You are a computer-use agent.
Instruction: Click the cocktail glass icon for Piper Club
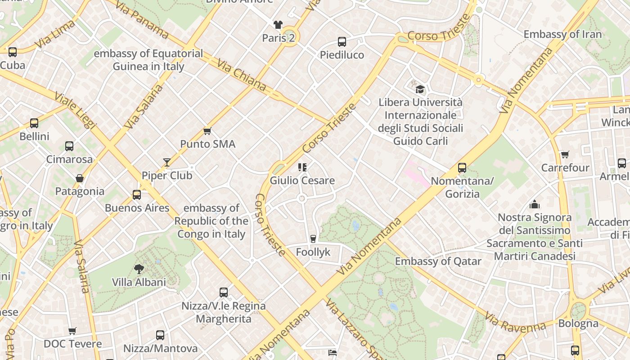pos(167,162)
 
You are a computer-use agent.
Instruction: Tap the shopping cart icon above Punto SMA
pos(207,131)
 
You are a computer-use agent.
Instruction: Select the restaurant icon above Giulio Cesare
pos(302,167)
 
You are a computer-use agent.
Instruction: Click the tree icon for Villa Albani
pos(139,269)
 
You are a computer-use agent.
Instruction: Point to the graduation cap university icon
pos(420,89)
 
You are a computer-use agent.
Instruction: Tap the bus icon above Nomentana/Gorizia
pos(462,168)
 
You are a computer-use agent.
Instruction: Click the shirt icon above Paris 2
pos(278,24)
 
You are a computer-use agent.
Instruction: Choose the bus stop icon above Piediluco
pos(342,42)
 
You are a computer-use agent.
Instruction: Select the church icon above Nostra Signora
pos(535,204)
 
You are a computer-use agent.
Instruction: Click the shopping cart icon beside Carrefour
pos(565,155)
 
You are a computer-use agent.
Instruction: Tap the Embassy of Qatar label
pos(438,261)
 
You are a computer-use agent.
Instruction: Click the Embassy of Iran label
pos(562,34)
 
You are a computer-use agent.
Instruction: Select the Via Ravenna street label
pos(515,323)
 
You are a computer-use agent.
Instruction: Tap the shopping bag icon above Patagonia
pos(80,178)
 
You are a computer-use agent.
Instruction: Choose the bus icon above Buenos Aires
pos(137,195)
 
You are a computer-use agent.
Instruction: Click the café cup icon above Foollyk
pos(313,239)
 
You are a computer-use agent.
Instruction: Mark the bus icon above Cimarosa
pos(69,146)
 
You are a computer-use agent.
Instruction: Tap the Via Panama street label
pos(141,20)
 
